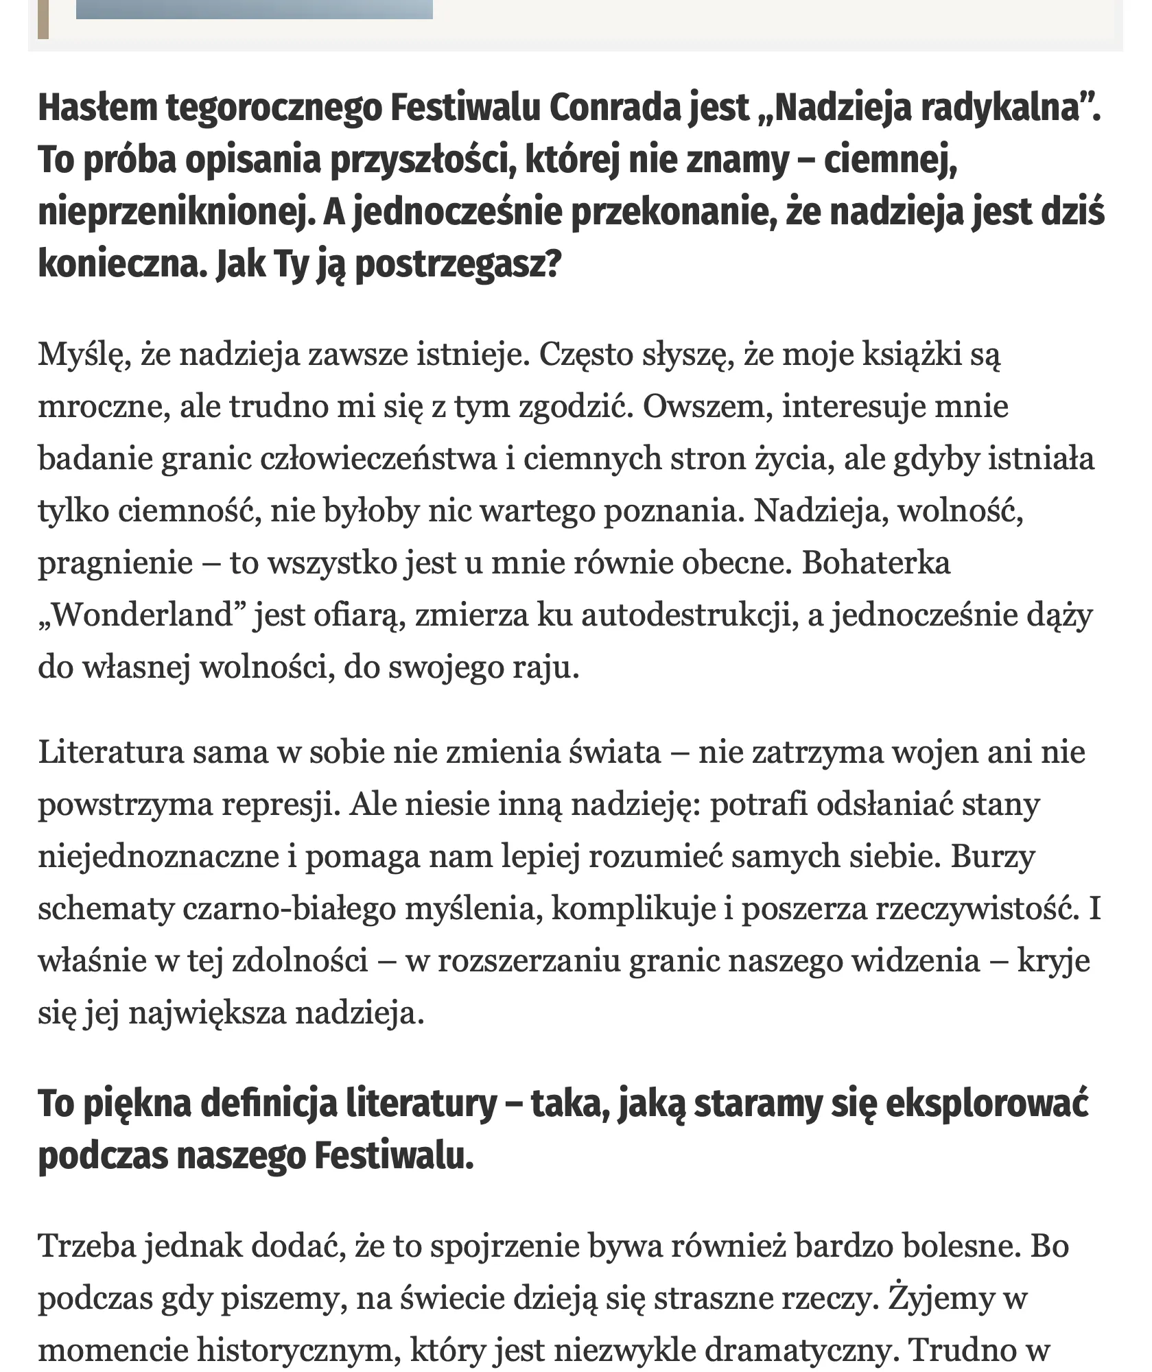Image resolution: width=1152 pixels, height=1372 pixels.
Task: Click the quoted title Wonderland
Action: click(x=142, y=615)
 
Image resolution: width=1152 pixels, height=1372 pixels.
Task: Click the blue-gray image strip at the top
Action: click(x=254, y=9)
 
